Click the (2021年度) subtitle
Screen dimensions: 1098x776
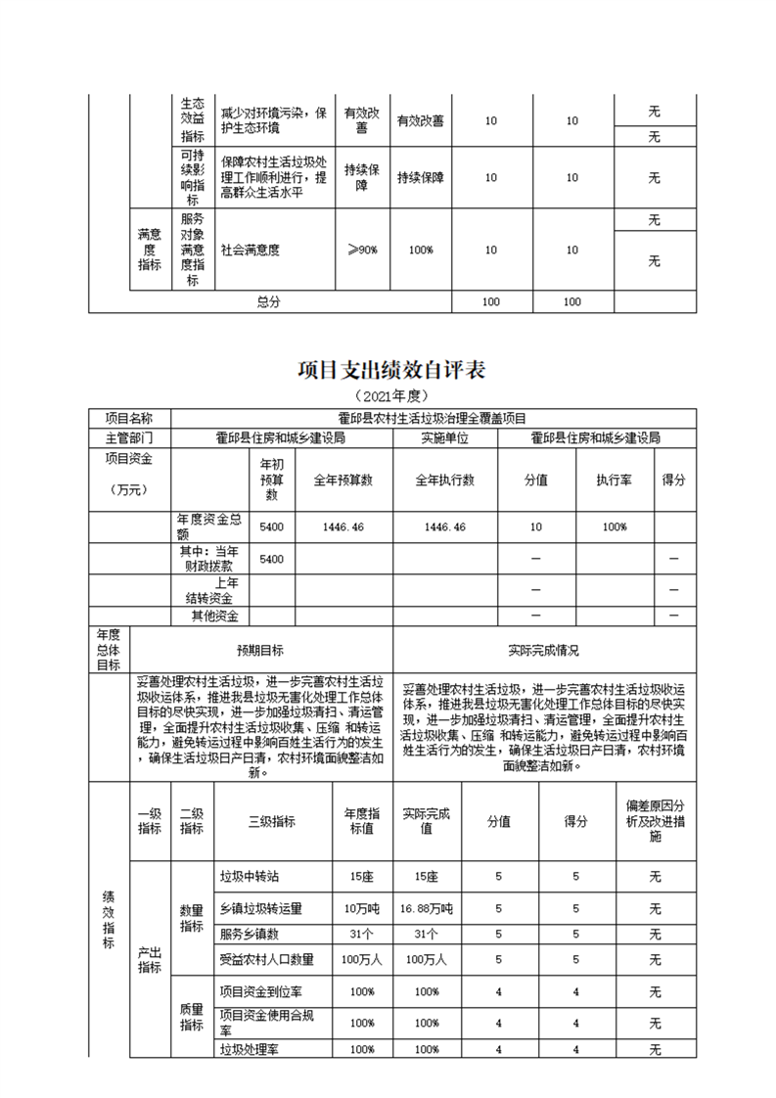tap(388, 396)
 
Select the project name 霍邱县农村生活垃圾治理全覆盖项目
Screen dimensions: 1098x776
tap(432, 419)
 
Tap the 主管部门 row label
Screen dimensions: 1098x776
tap(128, 437)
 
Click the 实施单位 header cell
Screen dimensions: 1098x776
tap(445, 437)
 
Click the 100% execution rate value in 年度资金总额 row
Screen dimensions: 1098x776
tap(616, 527)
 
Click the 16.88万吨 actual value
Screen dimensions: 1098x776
tap(427, 909)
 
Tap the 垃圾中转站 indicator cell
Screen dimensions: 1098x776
tap(251, 877)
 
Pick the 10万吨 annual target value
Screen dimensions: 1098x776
tap(362, 909)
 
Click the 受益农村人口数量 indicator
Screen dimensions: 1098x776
tap(266, 959)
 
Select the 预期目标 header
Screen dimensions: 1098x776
tap(260, 649)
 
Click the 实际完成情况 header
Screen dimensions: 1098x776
tap(544, 649)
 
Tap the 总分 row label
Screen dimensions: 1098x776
tap(269, 302)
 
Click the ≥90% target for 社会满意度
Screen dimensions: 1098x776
tap(362, 250)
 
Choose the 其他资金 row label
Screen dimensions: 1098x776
tap(216, 616)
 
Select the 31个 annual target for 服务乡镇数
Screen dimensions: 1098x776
tap(362, 934)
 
